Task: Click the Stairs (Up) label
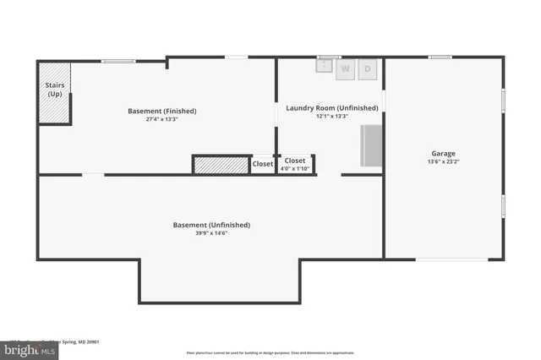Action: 54,90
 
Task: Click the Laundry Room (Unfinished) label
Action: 331,107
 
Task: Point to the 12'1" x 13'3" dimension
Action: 331,117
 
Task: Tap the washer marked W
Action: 346,69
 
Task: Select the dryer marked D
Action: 368,69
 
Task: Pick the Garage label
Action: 443,154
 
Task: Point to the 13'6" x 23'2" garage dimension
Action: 443,162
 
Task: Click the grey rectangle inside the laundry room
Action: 372,145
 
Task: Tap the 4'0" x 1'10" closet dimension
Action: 295,169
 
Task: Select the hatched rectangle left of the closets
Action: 221,165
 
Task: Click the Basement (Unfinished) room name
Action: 211,225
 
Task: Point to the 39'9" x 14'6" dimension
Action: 211,233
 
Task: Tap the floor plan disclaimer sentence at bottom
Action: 270,352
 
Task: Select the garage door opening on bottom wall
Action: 451,259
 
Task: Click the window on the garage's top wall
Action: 440,57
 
